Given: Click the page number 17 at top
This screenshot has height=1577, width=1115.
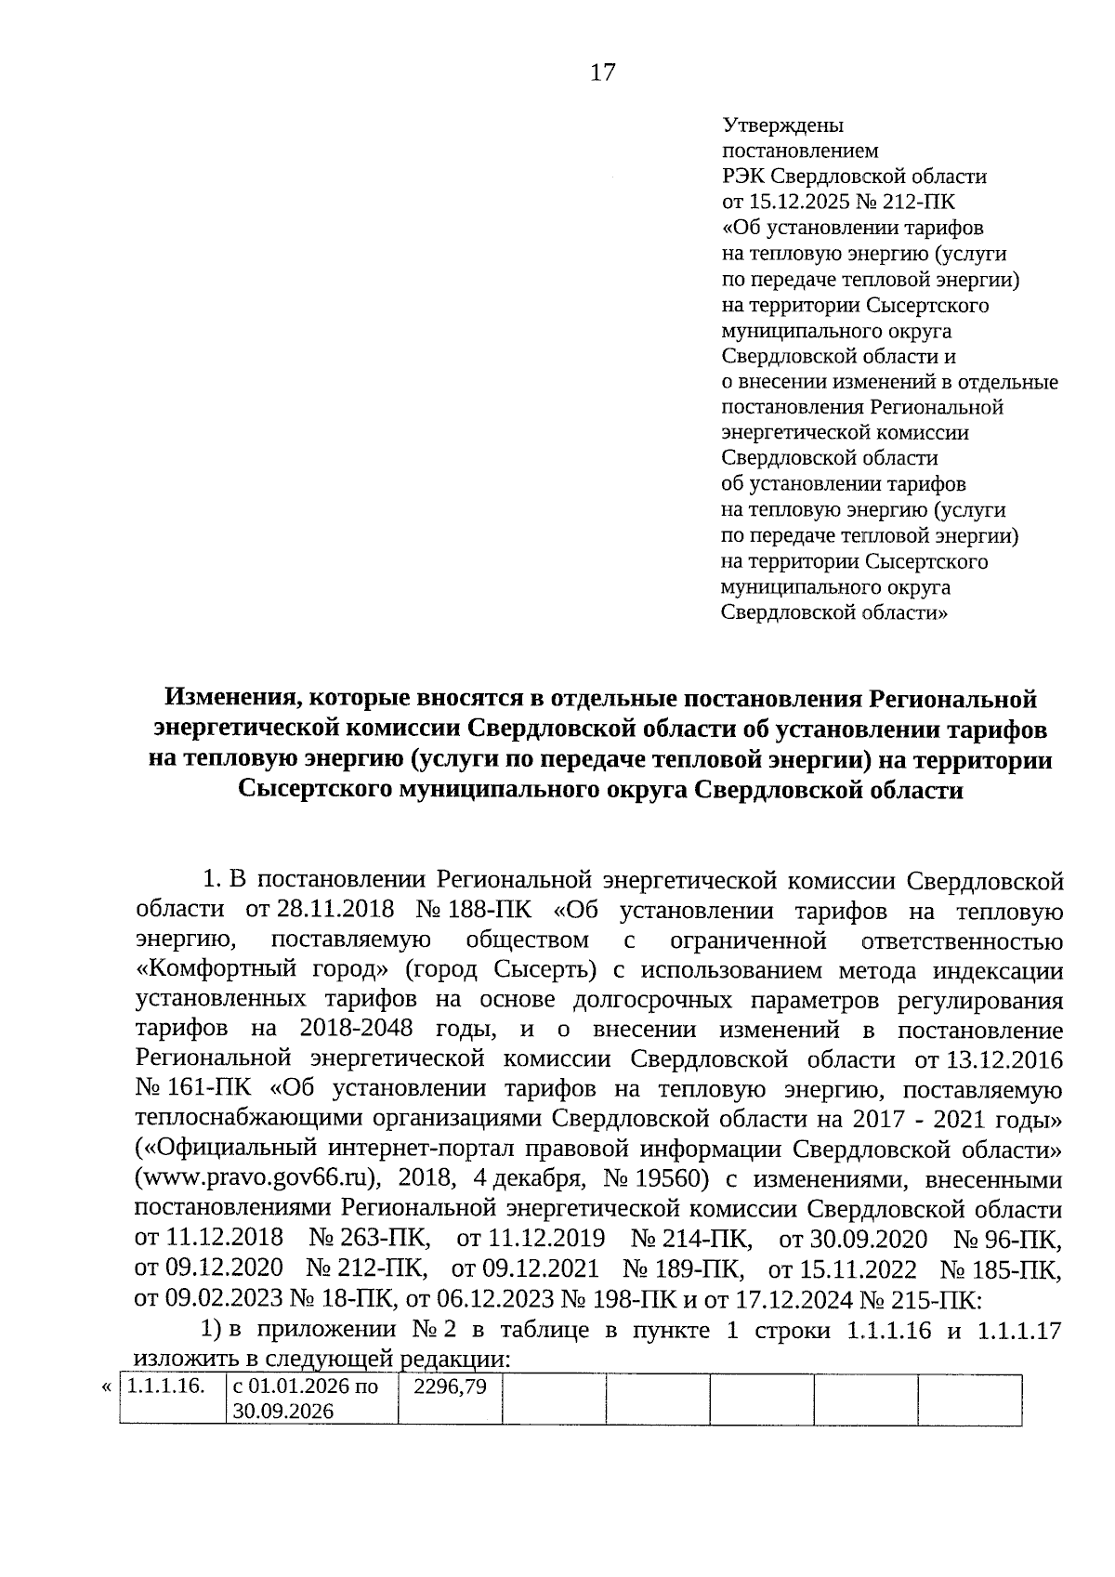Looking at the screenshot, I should (x=602, y=72).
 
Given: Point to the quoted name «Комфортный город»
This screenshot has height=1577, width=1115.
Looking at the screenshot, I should (x=263, y=969).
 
